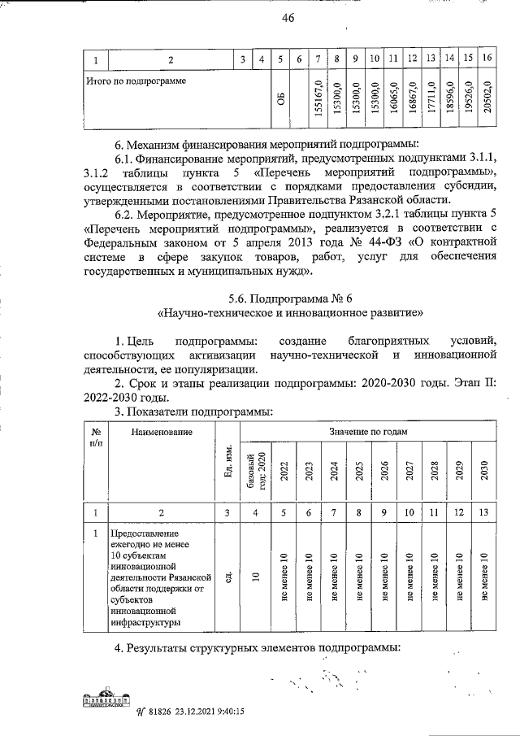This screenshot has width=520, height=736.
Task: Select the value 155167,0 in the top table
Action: [x=319, y=100]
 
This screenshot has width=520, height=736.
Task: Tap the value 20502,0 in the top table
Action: [x=487, y=100]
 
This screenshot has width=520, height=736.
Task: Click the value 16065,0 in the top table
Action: [x=393, y=100]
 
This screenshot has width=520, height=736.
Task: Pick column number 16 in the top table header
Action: [x=487, y=59]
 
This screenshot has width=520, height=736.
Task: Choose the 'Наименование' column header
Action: [x=158, y=432]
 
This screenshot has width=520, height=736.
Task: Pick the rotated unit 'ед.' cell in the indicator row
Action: [x=229, y=577]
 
